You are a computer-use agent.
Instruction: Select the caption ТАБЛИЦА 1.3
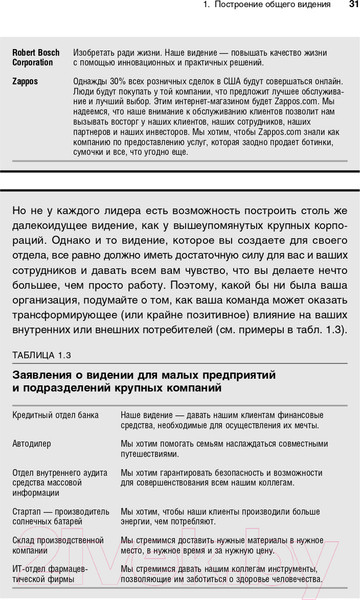[x=42, y=355]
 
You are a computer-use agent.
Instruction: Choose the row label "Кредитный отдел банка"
[x=55, y=414]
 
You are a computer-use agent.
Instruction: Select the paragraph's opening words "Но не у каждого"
[x=53, y=238]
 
